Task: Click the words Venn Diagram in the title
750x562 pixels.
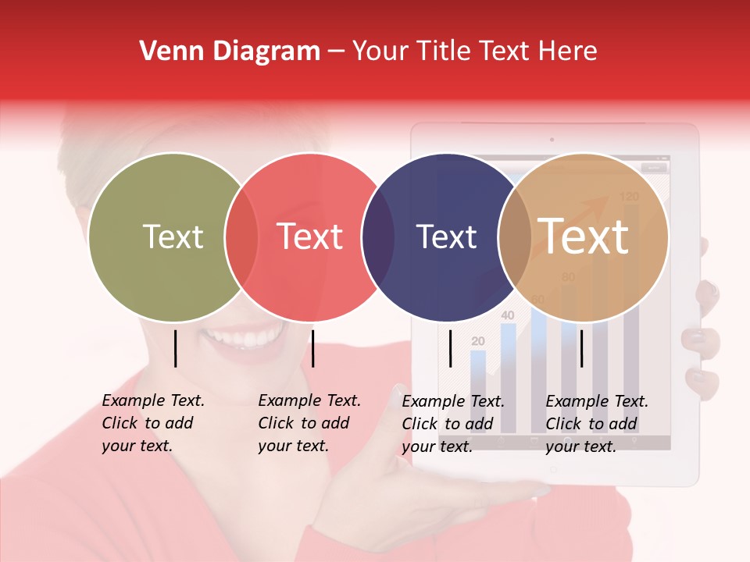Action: coord(230,52)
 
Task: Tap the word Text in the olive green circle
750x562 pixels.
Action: coord(173,237)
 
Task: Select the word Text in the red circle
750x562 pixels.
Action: coord(310,237)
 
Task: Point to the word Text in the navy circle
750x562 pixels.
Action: coord(446,237)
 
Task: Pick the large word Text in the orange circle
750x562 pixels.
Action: coord(584,236)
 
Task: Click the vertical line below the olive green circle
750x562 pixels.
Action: coord(175,348)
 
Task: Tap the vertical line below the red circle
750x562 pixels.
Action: coord(312,348)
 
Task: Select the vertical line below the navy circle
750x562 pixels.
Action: coord(450,348)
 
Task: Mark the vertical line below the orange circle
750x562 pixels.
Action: coord(581,348)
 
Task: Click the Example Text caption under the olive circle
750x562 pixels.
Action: coord(152,423)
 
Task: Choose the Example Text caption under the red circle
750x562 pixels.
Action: coord(309,423)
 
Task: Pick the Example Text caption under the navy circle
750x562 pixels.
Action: coord(452,423)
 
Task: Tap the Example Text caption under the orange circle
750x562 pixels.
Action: coord(596,423)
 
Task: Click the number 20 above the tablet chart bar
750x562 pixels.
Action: coord(478,341)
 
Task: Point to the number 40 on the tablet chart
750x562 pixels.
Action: coord(507,315)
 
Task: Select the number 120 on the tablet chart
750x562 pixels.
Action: coord(629,196)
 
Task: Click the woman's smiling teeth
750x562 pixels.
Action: coord(244,339)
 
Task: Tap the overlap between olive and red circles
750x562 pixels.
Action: coord(241,237)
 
